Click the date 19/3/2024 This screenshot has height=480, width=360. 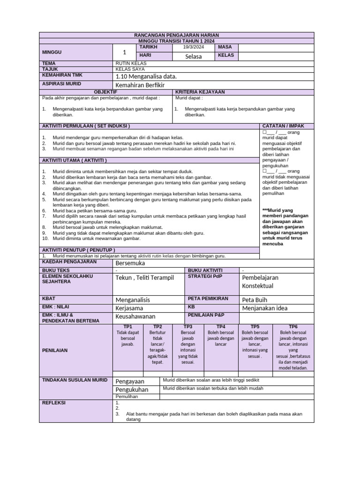point(193,47)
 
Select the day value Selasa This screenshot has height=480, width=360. point(193,57)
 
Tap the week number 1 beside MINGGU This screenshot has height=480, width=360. point(124,52)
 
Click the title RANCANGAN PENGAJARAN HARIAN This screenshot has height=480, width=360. point(176,35)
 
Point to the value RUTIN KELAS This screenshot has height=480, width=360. point(131,63)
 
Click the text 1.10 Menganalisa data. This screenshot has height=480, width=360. point(146,76)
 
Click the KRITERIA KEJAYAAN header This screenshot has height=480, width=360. point(200,92)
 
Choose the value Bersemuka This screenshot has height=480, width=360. point(130,263)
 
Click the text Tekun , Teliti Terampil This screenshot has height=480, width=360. point(144,277)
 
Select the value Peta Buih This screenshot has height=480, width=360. point(255,300)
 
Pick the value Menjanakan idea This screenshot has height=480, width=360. point(265,308)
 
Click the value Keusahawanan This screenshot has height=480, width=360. point(135,316)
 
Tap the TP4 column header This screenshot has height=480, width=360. point(221,326)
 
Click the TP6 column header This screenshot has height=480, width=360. point(293,326)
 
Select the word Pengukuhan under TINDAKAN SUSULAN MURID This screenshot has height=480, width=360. point(132,390)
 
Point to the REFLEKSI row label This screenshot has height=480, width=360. point(54,403)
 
